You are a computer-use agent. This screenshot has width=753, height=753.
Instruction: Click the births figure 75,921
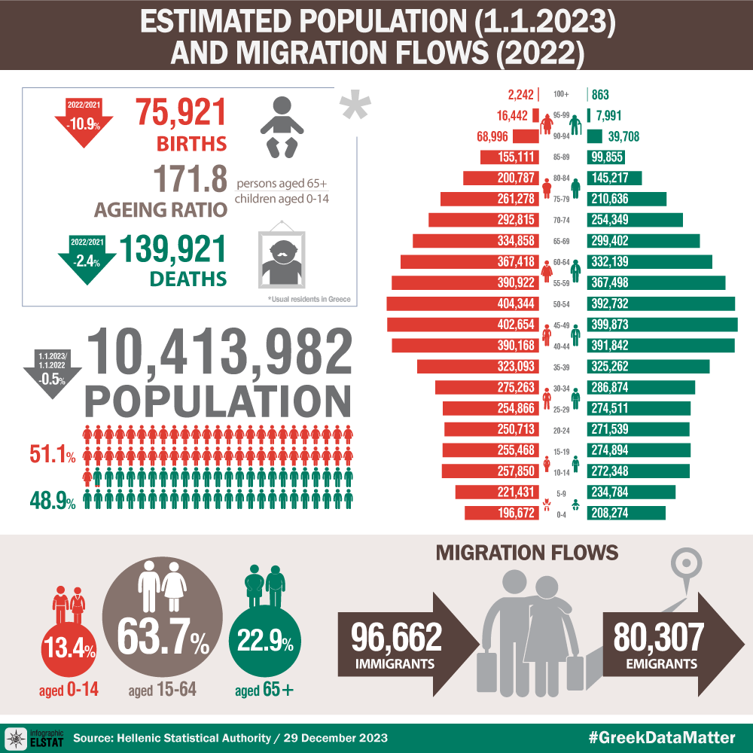(181, 113)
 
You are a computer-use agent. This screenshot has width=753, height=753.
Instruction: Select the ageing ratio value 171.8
(190, 181)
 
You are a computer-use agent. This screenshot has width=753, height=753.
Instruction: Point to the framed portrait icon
(282, 256)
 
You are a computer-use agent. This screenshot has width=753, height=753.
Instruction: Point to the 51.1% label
(52, 456)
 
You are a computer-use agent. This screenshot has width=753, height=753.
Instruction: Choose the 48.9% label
(52, 500)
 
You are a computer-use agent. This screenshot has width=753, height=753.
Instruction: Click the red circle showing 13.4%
(69, 648)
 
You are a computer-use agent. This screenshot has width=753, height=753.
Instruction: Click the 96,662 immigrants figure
(396, 638)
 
